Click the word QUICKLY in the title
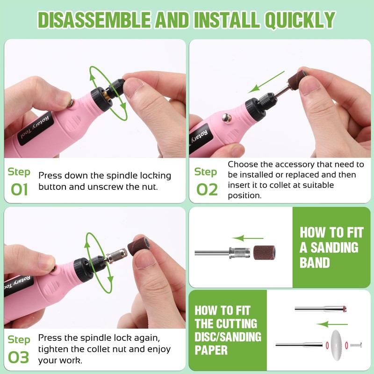click(x=300, y=20)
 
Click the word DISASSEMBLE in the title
click(x=94, y=20)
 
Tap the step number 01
click(x=19, y=190)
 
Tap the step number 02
click(x=207, y=190)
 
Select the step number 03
click(x=18, y=357)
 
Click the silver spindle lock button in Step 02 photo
click(x=226, y=118)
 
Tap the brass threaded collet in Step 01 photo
click(x=108, y=95)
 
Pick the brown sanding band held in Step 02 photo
click(x=297, y=80)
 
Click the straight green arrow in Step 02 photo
click(x=266, y=82)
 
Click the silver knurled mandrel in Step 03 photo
click(x=117, y=255)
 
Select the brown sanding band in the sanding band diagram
click(x=264, y=252)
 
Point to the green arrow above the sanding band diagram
click(x=248, y=238)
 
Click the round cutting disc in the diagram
click(x=336, y=345)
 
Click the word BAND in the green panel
click(x=315, y=263)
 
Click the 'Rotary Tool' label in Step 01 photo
click(x=36, y=128)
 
